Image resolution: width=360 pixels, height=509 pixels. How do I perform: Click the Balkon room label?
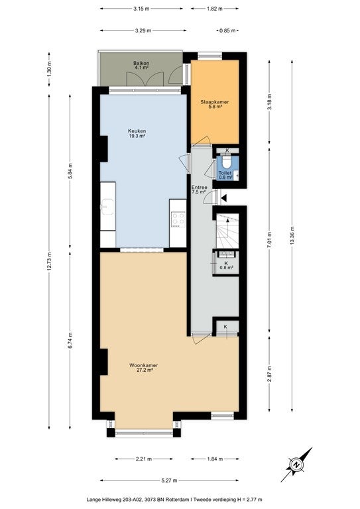(141, 65)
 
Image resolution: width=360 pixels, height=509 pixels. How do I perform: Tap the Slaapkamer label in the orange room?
(215, 104)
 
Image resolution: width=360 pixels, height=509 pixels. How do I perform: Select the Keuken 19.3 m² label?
(137, 133)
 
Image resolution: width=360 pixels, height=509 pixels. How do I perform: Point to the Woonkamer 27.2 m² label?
(143, 367)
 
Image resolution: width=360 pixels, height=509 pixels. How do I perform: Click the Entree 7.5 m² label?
(199, 190)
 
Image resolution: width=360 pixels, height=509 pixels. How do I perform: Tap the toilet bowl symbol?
(226, 161)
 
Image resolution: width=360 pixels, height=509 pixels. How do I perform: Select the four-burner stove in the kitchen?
(178, 219)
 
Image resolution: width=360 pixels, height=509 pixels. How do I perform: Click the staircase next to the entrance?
(227, 231)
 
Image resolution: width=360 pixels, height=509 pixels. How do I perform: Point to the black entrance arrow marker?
(224, 197)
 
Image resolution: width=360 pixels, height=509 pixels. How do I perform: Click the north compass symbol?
(296, 465)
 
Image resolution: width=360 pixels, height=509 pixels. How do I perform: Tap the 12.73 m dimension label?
(49, 261)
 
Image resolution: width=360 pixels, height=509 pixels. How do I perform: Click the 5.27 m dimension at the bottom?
(169, 481)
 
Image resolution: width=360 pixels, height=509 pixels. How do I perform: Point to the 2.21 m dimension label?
(143, 459)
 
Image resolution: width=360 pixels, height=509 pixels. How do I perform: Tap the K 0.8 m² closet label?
(226, 265)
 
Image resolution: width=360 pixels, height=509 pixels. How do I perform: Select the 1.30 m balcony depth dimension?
(49, 69)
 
